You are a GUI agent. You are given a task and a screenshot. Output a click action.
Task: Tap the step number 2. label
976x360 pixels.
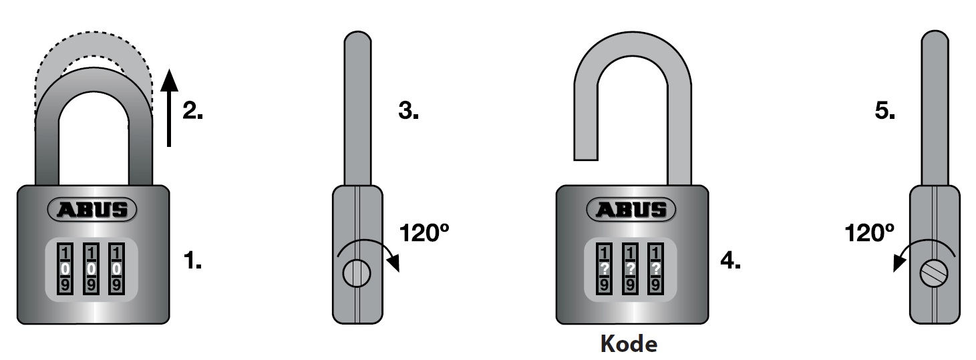coord(192,111)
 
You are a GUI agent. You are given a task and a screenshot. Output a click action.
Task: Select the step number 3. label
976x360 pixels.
coord(408,111)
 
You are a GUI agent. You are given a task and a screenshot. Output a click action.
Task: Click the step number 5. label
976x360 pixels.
coord(885,111)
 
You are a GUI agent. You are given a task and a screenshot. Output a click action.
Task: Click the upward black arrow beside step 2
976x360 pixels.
coord(170,107)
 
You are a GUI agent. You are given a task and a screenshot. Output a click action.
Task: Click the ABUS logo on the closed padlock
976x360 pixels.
coord(92,210)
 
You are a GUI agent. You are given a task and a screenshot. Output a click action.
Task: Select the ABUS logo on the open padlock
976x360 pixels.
coord(631,210)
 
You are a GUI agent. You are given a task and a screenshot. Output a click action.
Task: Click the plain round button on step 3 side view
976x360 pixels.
coord(357,272)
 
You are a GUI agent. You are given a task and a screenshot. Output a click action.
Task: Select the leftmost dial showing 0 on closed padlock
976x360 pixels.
coord(65,268)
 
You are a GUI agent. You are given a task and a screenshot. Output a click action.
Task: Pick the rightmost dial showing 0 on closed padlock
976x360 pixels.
coord(117,268)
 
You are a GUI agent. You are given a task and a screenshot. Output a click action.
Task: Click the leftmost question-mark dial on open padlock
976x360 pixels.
coord(603,268)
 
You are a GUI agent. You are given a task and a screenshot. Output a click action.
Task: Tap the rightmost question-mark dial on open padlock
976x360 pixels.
coord(656,268)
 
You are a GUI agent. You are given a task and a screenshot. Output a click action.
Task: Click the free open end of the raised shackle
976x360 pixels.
coord(585,154)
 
